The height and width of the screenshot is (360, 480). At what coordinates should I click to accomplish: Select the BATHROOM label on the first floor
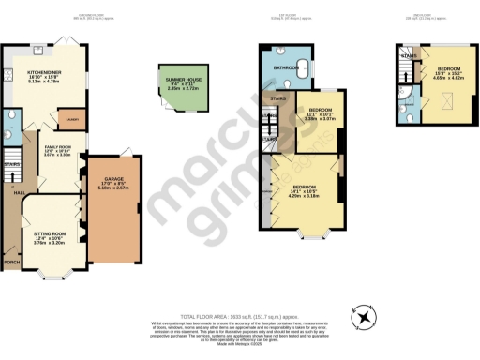click(x=286, y=68)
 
